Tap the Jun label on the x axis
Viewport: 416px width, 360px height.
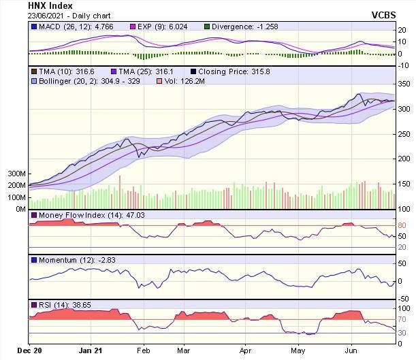click(x=351, y=351)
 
